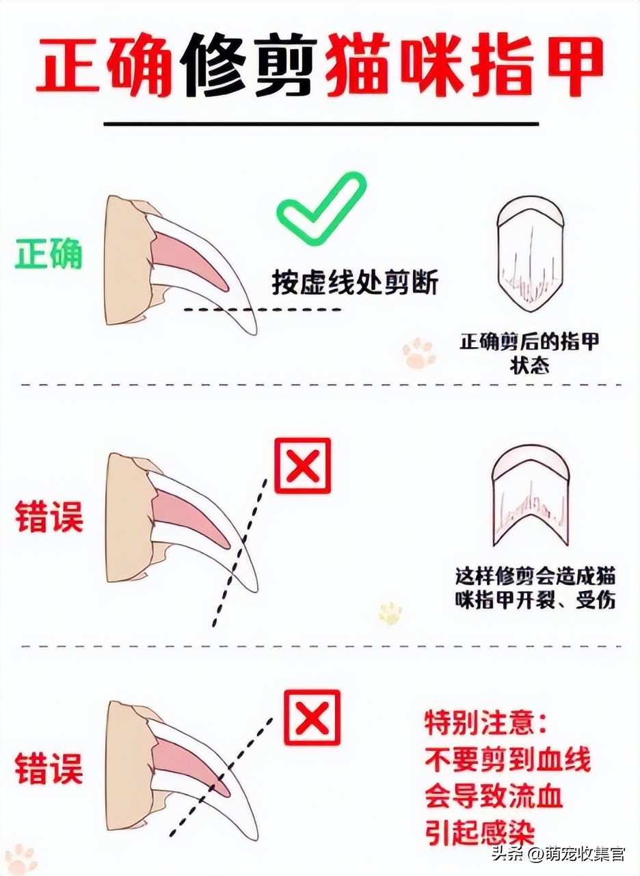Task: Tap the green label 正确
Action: click(49, 255)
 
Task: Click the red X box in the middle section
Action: click(302, 465)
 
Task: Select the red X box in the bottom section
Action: click(312, 717)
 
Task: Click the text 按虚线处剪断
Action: click(354, 282)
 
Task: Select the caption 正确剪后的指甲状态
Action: click(529, 353)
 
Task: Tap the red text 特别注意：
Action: click(486, 723)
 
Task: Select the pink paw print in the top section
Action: click(418, 353)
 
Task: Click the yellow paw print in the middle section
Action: click(390, 612)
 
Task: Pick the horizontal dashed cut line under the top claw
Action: click(263, 310)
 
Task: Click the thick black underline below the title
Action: click(321, 124)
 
